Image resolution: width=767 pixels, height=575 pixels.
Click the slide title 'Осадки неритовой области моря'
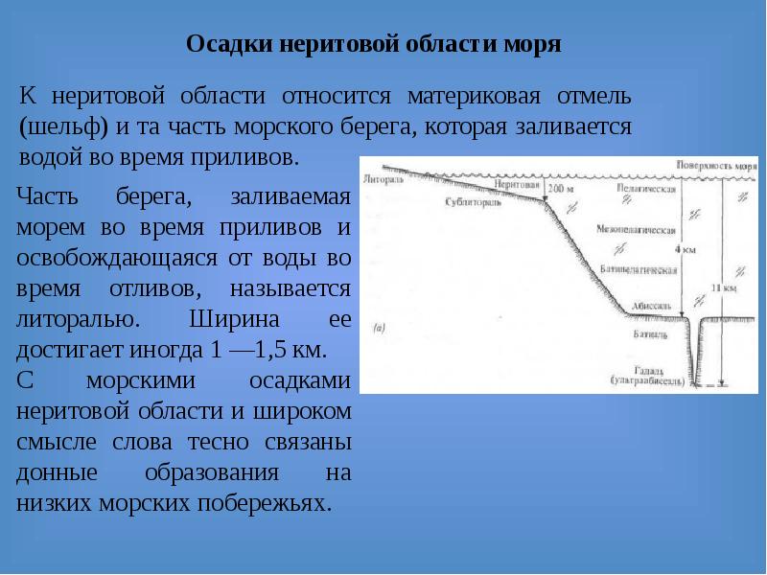373,45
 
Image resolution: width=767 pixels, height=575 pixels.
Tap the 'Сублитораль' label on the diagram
471,204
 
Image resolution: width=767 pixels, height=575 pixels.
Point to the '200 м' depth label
560,190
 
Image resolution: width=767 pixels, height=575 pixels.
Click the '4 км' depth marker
685,249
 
